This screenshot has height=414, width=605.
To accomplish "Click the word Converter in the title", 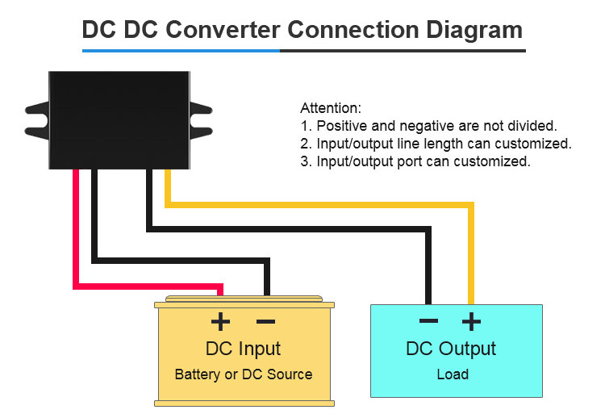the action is [x=223, y=30].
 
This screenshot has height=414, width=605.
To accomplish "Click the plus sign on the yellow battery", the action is [x=220, y=321].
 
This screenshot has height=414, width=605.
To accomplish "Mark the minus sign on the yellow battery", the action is [x=265, y=321].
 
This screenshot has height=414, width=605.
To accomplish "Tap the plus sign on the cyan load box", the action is [x=472, y=321].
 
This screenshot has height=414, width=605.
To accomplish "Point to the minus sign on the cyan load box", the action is [x=428, y=320].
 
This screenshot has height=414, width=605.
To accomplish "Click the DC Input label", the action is [x=243, y=349].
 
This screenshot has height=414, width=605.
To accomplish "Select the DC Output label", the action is [x=451, y=349].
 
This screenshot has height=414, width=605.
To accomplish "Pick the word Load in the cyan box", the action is [x=453, y=374].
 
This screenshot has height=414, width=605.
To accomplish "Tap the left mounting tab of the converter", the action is [x=37, y=121].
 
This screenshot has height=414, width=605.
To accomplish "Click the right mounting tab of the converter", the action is [x=201, y=121].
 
